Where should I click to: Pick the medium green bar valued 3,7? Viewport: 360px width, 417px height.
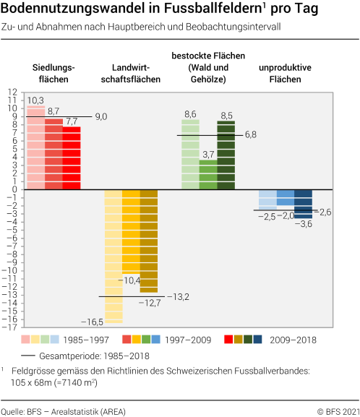pyautogui.click(x=208, y=174)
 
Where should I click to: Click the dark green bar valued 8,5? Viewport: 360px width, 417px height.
pyautogui.click(x=226, y=155)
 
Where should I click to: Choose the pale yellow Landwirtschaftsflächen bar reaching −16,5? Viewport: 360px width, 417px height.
pyautogui.click(x=113, y=257)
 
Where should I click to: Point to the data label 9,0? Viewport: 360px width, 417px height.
pyautogui.click(x=100, y=116)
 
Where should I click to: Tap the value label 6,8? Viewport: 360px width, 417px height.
pyautogui.click(x=251, y=134)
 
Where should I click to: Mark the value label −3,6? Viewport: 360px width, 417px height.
pyautogui.click(x=304, y=225)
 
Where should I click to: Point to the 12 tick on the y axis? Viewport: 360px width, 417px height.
pyautogui.click(x=12, y=92)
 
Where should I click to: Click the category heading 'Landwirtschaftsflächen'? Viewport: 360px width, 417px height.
pyautogui.click(x=132, y=74)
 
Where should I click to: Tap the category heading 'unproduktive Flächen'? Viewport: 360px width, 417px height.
pyautogui.click(x=284, y=74)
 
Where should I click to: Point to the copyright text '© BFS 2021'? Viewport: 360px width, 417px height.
pyautogui.click(x=336, y=411)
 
